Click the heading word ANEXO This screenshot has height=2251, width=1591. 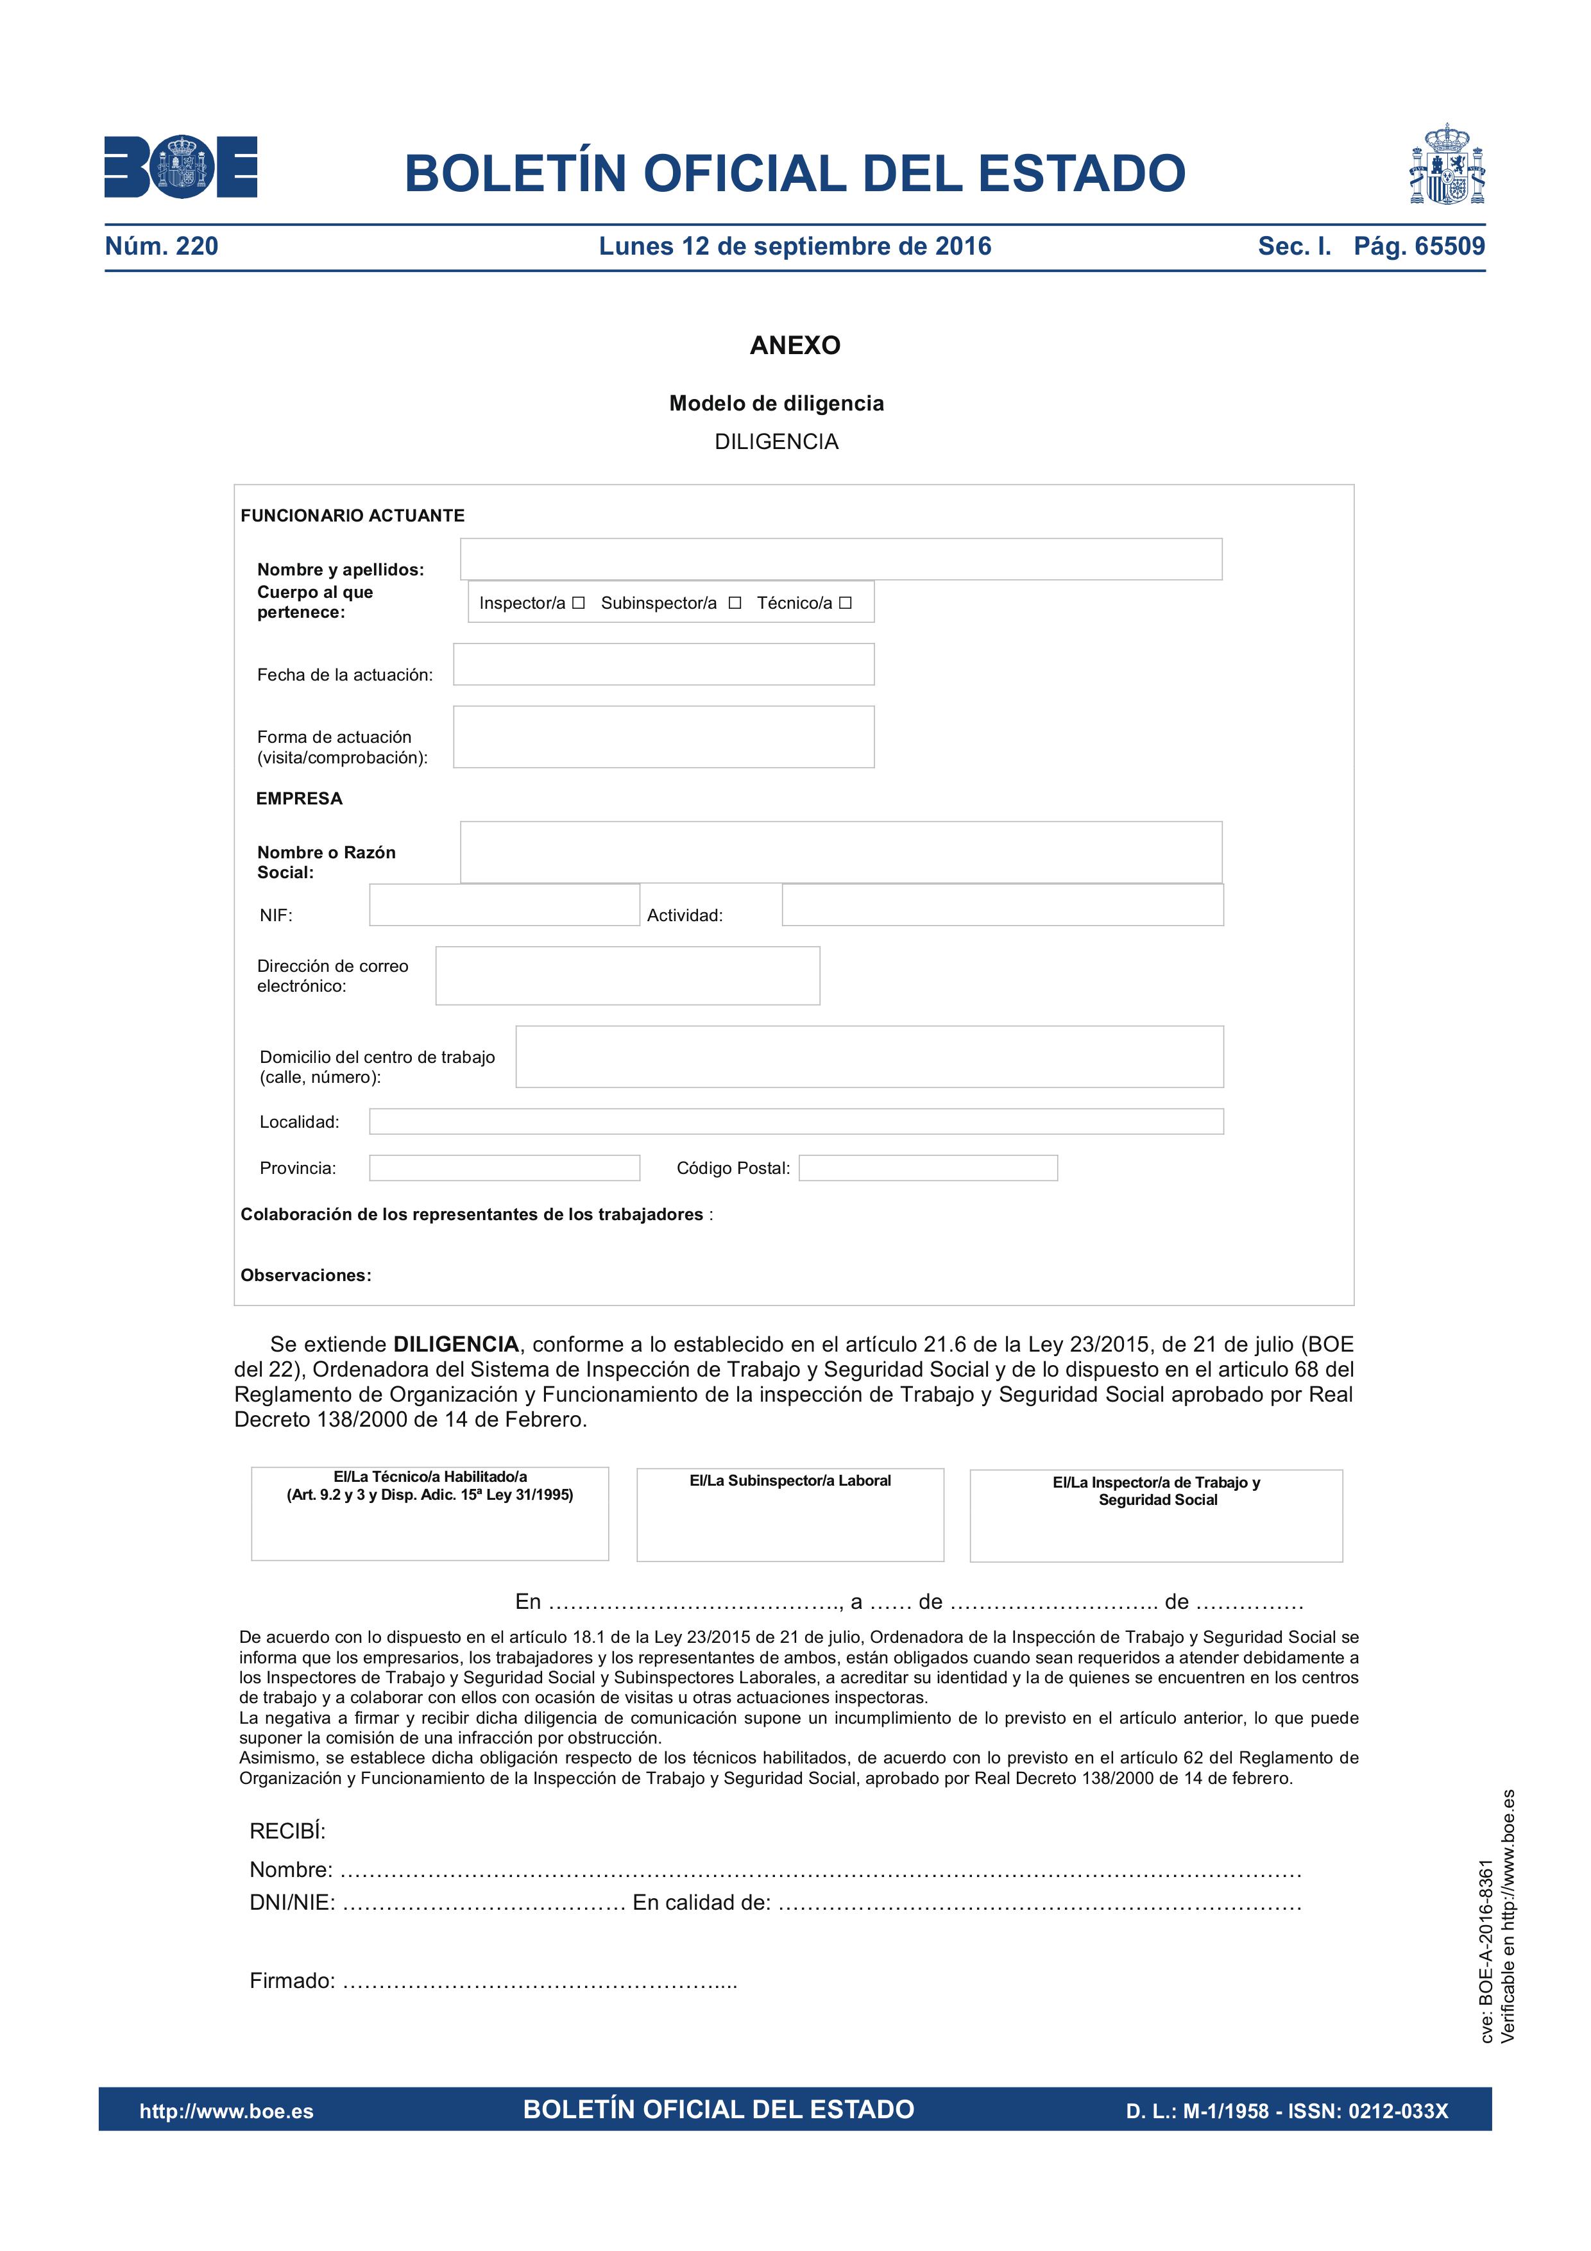795,345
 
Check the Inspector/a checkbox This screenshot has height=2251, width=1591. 579,603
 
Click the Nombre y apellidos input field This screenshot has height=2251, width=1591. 841,559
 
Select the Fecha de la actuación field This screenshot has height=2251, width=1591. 663,665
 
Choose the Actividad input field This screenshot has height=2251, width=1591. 1002,905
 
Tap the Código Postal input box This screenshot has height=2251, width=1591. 928,1168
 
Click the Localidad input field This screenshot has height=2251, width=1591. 796,1121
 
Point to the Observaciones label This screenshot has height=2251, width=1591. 306,1275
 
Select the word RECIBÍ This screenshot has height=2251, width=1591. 287,1831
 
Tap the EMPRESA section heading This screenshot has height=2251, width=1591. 299,799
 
